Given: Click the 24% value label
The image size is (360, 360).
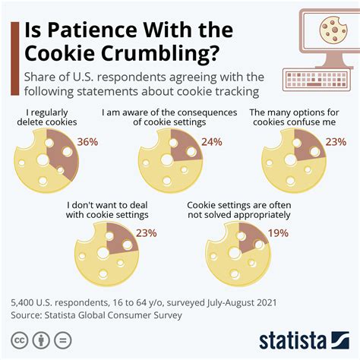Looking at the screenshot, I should click(x=211, y=142).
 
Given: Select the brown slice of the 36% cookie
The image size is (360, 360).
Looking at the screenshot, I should click(x=60, y=149).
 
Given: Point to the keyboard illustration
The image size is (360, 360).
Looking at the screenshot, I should click(x=317, y=79).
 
